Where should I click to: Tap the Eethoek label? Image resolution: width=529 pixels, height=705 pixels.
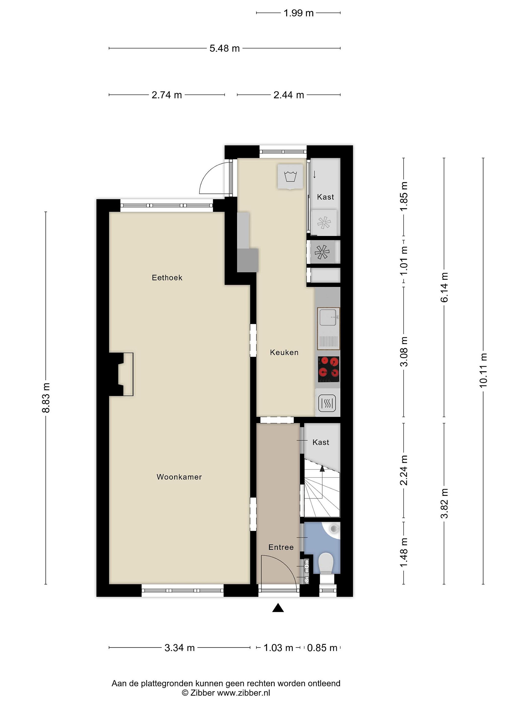(167, 278)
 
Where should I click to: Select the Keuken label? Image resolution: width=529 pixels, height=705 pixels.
(284, 352)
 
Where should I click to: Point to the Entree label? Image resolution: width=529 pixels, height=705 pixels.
(281, 547)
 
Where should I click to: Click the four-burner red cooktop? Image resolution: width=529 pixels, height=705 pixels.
(328, 369)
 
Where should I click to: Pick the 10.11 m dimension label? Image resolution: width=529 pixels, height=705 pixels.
(483, 370)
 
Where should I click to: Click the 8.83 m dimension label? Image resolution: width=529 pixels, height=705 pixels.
(46, 398)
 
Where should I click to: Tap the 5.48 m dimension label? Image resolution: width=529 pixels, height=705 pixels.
(225, 48)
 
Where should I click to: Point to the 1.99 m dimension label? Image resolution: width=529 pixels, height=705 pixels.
(299, 13)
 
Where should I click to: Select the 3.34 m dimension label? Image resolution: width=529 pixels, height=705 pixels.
(180, 648)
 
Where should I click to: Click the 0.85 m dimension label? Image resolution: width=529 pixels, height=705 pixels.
(322, 648)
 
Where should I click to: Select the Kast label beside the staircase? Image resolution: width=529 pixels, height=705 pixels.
(321, 442)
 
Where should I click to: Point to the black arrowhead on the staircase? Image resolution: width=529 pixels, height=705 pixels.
(322, 468)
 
